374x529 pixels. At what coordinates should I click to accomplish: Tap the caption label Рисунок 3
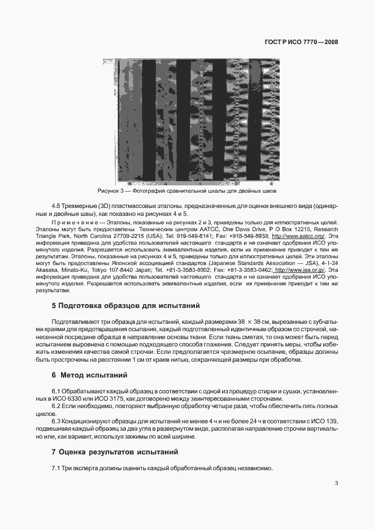coord(111,192)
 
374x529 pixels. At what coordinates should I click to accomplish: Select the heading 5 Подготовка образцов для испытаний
coord(125,306)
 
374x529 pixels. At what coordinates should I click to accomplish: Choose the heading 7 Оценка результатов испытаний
coord(115,452)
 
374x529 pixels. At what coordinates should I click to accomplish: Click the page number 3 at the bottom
coord(336,483)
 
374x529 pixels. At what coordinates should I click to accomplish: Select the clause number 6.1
coord(56,391)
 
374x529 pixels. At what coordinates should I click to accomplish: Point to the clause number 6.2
coord(56,406)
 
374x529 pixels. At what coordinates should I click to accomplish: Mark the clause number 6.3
coord(56,422)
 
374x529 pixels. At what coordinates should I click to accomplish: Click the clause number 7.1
coord(56,468)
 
